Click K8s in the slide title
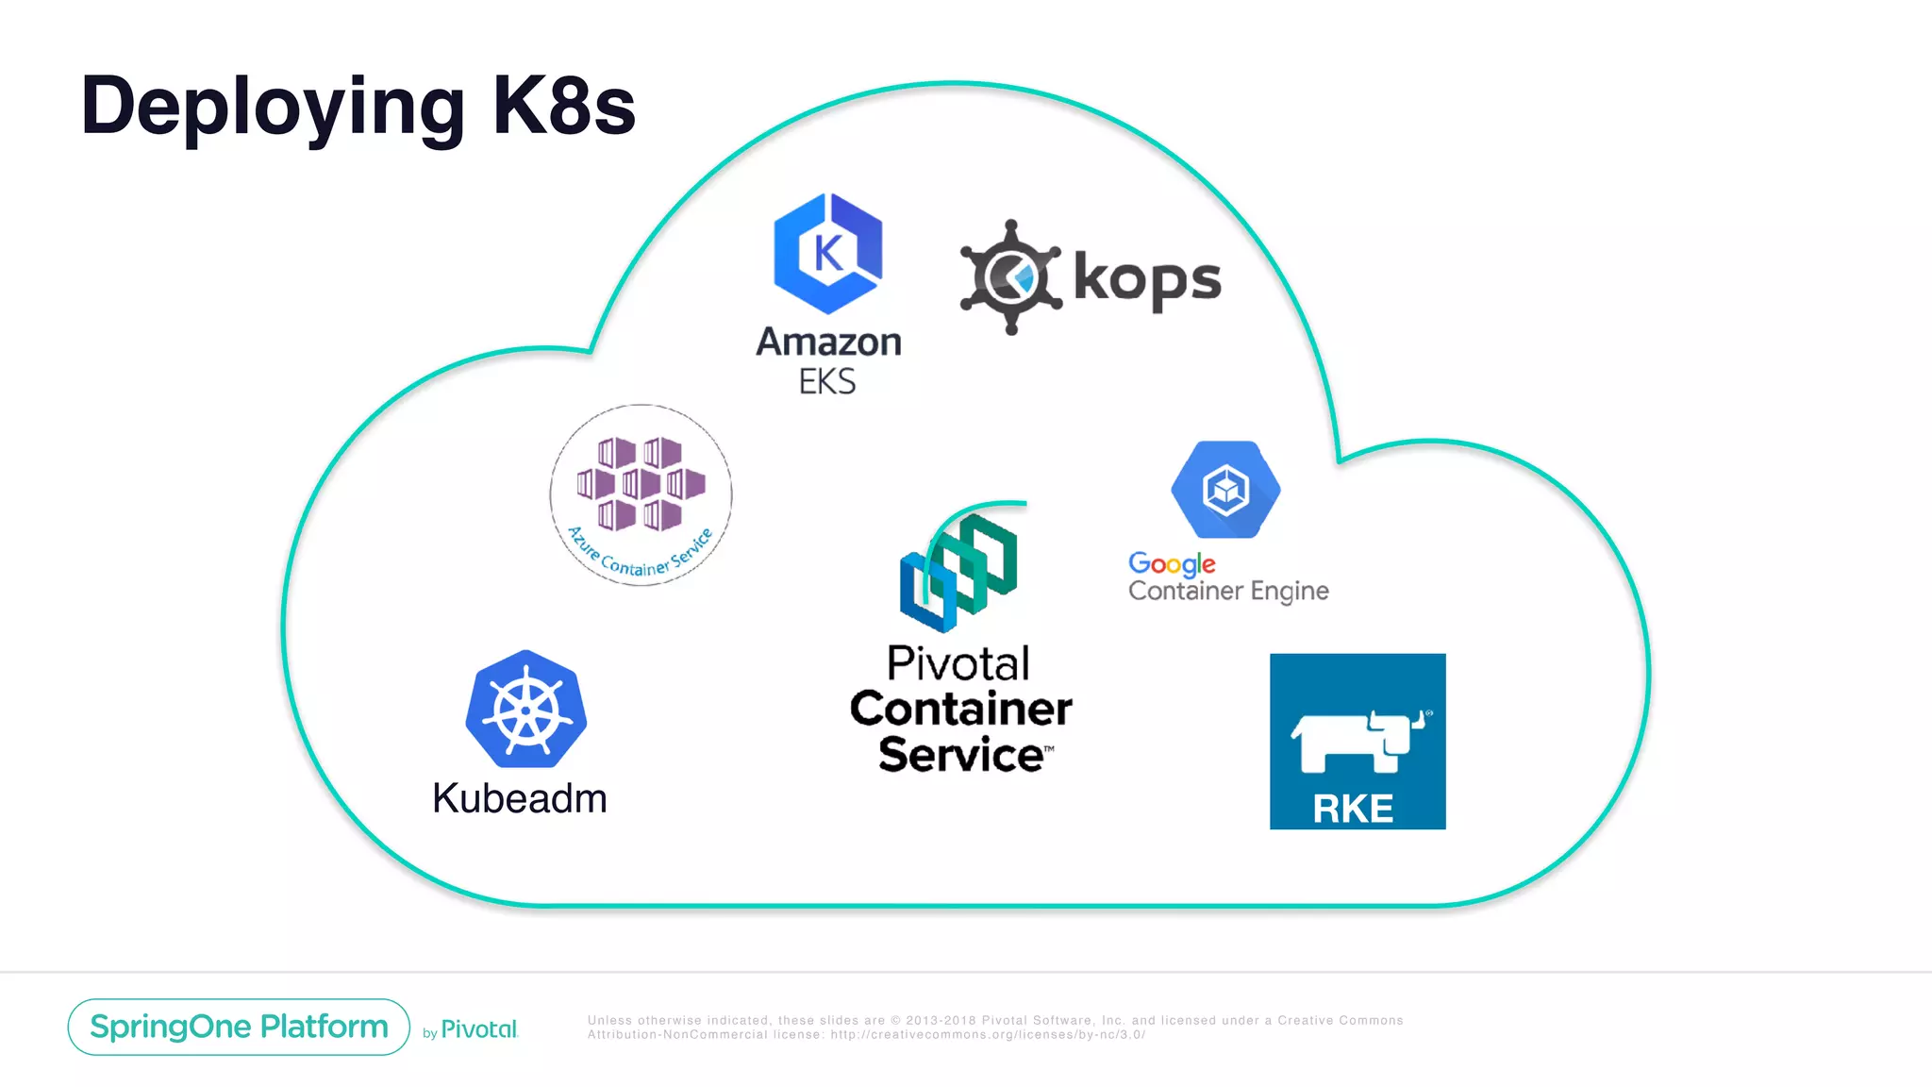(564, 106)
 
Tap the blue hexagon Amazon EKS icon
(828, 253)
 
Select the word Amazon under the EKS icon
(828, 342)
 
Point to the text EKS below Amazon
(827, 382)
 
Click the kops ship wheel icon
(1010, 277)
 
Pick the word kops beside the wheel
(1147, 279)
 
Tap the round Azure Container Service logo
(641, 495)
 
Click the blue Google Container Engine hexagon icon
(1225, 490)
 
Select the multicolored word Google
(1172, 564)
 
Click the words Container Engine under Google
(1228, 592)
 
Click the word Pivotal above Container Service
(958, 663)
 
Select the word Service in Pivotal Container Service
(961, 755)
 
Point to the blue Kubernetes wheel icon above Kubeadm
(526, 710)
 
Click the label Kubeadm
(520, 798)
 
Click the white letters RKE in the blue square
(1353, 809)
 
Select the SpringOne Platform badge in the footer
(239, 1027)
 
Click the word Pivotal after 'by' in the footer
(479, 1029)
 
